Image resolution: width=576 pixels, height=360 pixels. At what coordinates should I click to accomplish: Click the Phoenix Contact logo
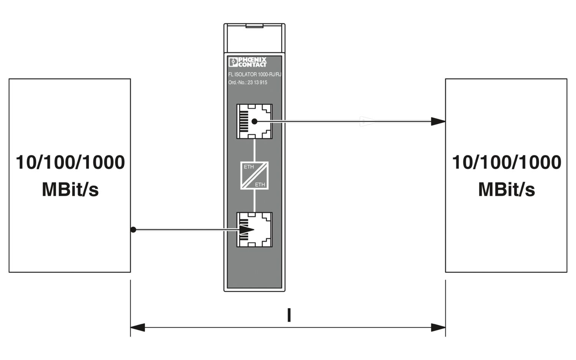(247, 62)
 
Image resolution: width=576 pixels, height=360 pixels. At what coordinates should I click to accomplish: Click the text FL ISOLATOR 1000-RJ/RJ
(254, 75)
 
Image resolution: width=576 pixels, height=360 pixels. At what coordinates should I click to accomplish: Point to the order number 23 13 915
(258, 83)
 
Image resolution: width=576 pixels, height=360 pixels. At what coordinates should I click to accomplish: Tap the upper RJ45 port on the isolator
(254, 121)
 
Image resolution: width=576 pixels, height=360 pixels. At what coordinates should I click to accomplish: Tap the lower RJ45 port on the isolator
(254, 230)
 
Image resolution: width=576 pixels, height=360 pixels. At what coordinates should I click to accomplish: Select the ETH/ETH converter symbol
(254, 176)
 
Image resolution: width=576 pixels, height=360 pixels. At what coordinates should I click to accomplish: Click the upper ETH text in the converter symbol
(249, 167)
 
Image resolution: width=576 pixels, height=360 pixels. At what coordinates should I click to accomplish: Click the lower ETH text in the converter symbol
(260, 185)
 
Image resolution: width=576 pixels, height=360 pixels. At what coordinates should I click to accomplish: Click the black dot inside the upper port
(254, 121)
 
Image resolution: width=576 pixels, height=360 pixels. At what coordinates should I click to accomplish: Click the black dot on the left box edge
(133, 230)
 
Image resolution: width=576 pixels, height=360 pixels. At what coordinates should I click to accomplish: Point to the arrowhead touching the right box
(438, 121)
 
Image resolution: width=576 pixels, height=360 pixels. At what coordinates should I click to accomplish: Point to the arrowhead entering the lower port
(247, 230)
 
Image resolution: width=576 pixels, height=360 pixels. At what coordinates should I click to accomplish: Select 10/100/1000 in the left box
(70, 163)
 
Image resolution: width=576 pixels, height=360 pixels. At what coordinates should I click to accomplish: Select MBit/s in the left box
(70, 190)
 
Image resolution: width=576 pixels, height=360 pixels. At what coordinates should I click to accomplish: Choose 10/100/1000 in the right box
(506, 163)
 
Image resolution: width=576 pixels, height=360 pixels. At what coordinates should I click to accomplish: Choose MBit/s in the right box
(506, 190)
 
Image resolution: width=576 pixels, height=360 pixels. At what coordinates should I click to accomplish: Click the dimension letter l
(289, 315)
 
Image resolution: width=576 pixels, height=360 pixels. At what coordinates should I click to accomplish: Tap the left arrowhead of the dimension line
(137, 328)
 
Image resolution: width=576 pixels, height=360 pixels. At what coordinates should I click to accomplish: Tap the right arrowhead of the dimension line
(439, 328)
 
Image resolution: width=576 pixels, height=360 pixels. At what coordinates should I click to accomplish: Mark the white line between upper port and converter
(254, 150)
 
